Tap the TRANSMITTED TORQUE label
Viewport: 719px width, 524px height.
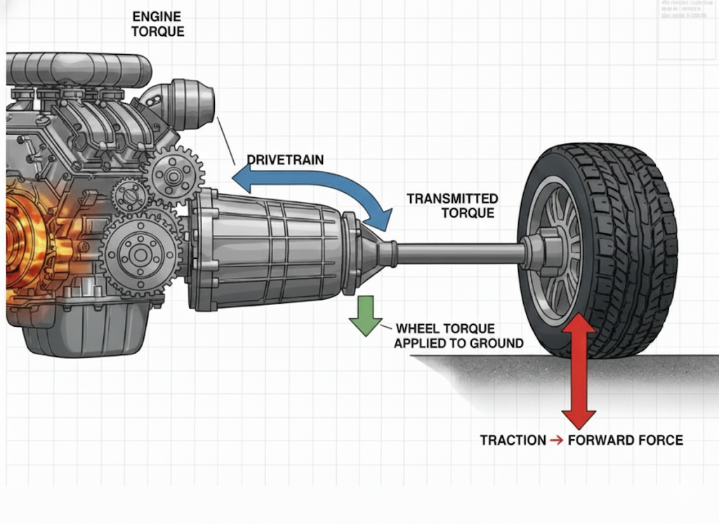pos(452,206)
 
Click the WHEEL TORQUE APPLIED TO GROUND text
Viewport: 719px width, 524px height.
pos(459,335)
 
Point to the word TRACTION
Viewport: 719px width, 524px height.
pos(513,441)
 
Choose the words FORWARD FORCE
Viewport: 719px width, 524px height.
pos(625,441)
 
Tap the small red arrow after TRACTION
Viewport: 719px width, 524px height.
pos(556,441)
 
